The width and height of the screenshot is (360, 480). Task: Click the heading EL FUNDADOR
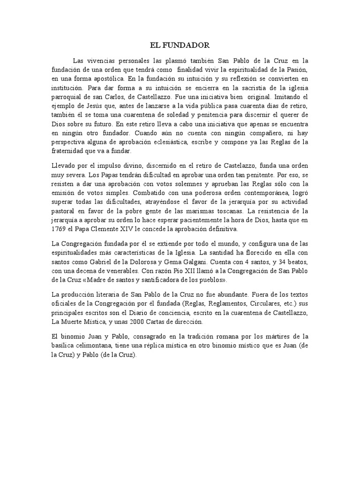(180, 45)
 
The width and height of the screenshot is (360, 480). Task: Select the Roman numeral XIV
(136, 229)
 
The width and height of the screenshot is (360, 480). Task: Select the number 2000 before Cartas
(138, 322)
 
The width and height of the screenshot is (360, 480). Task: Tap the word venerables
(106, 272)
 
